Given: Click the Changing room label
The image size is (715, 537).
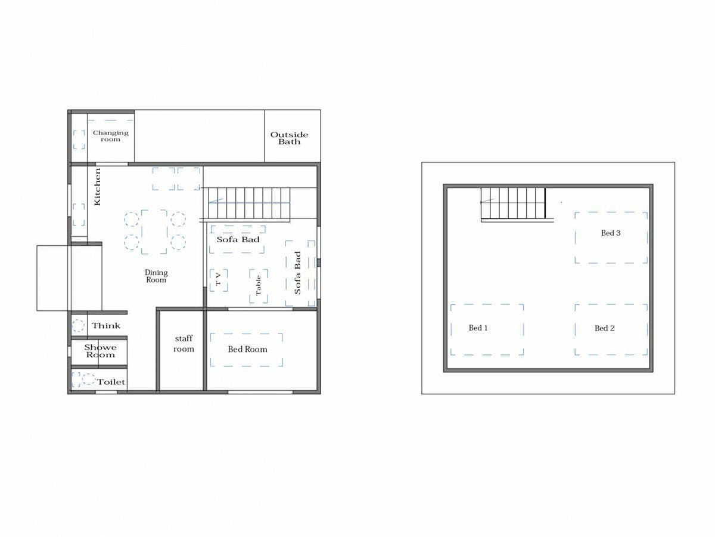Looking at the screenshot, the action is [x=111, y=136].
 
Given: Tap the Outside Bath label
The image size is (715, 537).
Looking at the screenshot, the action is [x=289, y=138].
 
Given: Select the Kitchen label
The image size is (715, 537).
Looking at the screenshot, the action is [x=97, y=187].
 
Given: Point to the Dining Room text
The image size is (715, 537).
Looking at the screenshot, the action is [x=156, y=276].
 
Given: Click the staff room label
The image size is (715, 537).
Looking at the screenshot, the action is [x=184, y=344].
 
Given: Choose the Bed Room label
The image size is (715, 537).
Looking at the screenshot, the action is [x=247, y=349].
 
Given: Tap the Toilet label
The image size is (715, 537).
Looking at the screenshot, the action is [x=111, y=382].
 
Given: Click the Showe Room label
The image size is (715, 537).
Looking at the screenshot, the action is [x=100, y=351].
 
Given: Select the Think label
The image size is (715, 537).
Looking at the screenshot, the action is [x=106, y=325].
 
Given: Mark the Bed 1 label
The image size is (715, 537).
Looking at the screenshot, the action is [x=478, y=328].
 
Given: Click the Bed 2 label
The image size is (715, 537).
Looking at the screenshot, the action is [x=605, y=328].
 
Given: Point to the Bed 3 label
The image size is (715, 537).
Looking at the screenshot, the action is [x=611, y=233].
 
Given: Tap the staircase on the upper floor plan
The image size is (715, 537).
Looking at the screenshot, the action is [x=514, y=203].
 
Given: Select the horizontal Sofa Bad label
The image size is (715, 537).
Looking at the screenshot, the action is [x=238, y=239].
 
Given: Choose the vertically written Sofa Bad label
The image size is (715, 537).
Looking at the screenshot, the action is [x=297, y=273].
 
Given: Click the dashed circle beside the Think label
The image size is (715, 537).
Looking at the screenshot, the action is [x=78, y=325].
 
